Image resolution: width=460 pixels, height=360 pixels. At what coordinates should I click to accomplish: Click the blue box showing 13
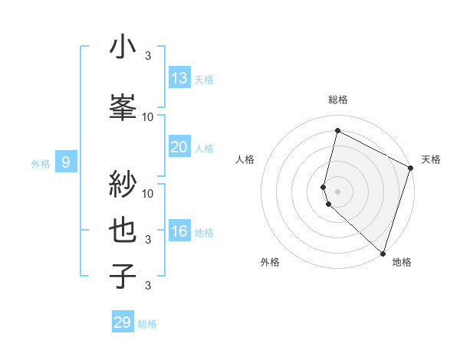179,77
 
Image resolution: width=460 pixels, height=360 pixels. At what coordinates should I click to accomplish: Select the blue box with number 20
179,147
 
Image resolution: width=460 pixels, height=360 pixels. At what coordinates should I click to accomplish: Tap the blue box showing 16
179,231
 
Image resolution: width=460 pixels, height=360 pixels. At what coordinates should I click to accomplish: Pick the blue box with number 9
66,162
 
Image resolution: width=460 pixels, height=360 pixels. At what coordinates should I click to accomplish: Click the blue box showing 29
123,322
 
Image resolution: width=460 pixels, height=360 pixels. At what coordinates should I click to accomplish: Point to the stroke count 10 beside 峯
148,117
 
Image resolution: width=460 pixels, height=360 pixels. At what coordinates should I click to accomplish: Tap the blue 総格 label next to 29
147,324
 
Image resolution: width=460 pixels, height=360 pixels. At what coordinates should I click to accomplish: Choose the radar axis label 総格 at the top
337,100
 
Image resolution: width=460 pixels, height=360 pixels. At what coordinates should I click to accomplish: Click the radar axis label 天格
431,159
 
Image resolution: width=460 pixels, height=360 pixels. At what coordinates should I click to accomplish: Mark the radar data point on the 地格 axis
382,253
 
